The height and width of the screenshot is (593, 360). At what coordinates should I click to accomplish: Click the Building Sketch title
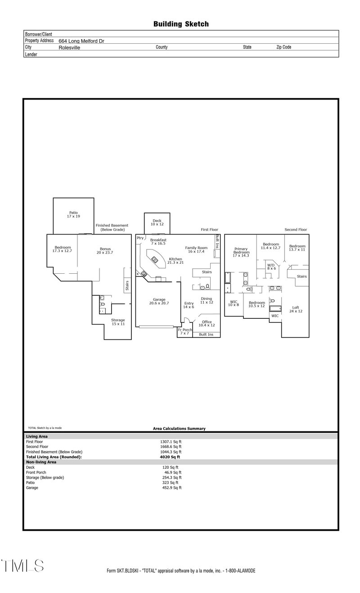[181, 24]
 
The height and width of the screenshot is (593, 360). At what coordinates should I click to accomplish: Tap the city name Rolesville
[69, 47]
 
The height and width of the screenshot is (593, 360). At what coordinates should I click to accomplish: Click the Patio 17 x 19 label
[73, 214]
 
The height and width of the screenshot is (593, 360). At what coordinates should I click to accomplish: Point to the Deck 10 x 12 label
[157, 222]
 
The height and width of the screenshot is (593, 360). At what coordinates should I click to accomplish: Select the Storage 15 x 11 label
[118, 322]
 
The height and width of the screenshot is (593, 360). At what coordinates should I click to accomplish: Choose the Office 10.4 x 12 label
[207, 323]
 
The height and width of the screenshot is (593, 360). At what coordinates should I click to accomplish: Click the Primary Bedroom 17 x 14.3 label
[241, 253]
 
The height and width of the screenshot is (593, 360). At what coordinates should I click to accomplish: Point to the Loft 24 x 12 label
[295, 309]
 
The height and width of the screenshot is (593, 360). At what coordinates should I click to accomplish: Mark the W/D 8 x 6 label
[271, 267]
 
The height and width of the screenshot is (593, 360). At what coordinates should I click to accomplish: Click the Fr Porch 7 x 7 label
[184, 331]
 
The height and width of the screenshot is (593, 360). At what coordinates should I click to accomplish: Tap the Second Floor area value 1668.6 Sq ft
[171, 447]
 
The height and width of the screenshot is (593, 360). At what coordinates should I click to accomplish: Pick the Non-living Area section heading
[41, 462]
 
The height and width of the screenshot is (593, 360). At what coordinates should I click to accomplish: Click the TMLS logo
[22, 566]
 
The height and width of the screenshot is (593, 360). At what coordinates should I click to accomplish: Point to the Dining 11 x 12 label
[206, 300]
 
